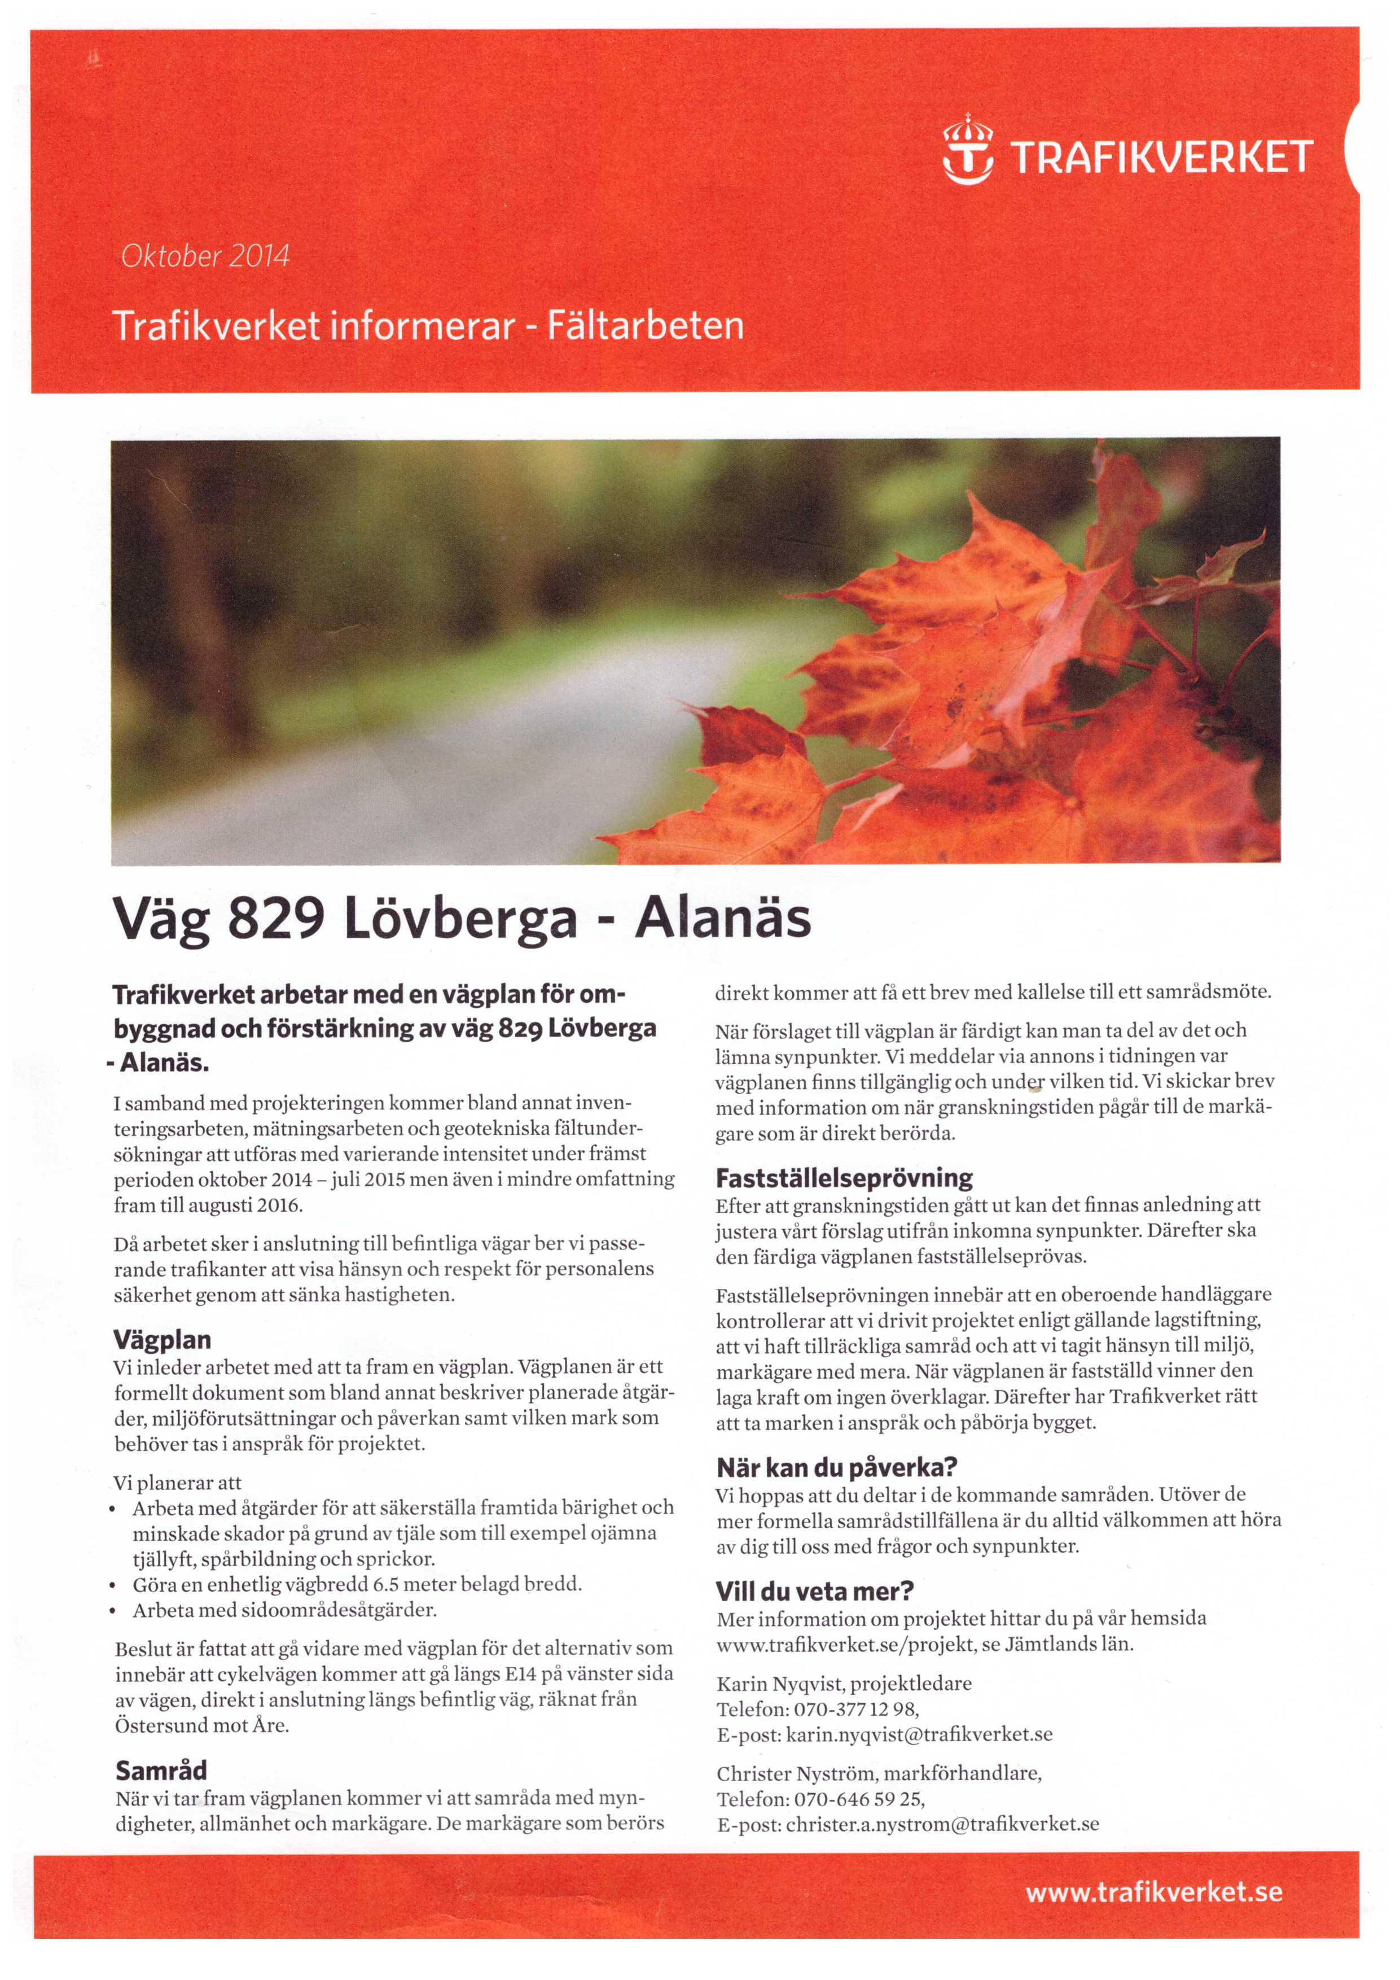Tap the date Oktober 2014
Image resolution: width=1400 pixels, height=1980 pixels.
[205, 256]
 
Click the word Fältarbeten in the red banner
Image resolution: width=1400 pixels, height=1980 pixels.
[645, 326]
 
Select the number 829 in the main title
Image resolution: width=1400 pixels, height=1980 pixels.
[275, 919]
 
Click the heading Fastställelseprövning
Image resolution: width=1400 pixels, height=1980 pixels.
[844, 1178]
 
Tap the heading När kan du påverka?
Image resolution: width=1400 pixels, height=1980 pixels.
[836, 1468]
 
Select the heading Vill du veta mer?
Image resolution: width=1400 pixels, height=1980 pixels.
[815, 1591]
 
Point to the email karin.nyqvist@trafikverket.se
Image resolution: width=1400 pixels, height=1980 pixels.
[919, 1734]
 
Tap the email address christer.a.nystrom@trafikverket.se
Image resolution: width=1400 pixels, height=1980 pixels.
[942, 1825]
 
